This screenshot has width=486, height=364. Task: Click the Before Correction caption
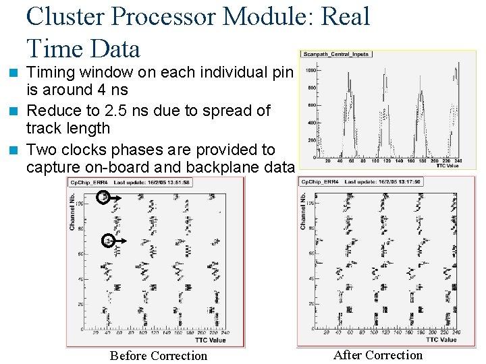[159, 355]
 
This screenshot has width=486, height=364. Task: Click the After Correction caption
[378, 355]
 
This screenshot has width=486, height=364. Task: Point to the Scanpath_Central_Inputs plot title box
[337, 54]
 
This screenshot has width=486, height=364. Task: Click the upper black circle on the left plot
[103, 197]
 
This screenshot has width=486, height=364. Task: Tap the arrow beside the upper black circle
[115, 197]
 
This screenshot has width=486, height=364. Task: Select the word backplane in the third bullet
[227, 167]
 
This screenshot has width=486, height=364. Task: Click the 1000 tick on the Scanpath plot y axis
[311, 70]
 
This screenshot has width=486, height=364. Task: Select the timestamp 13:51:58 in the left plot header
[175, 182]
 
